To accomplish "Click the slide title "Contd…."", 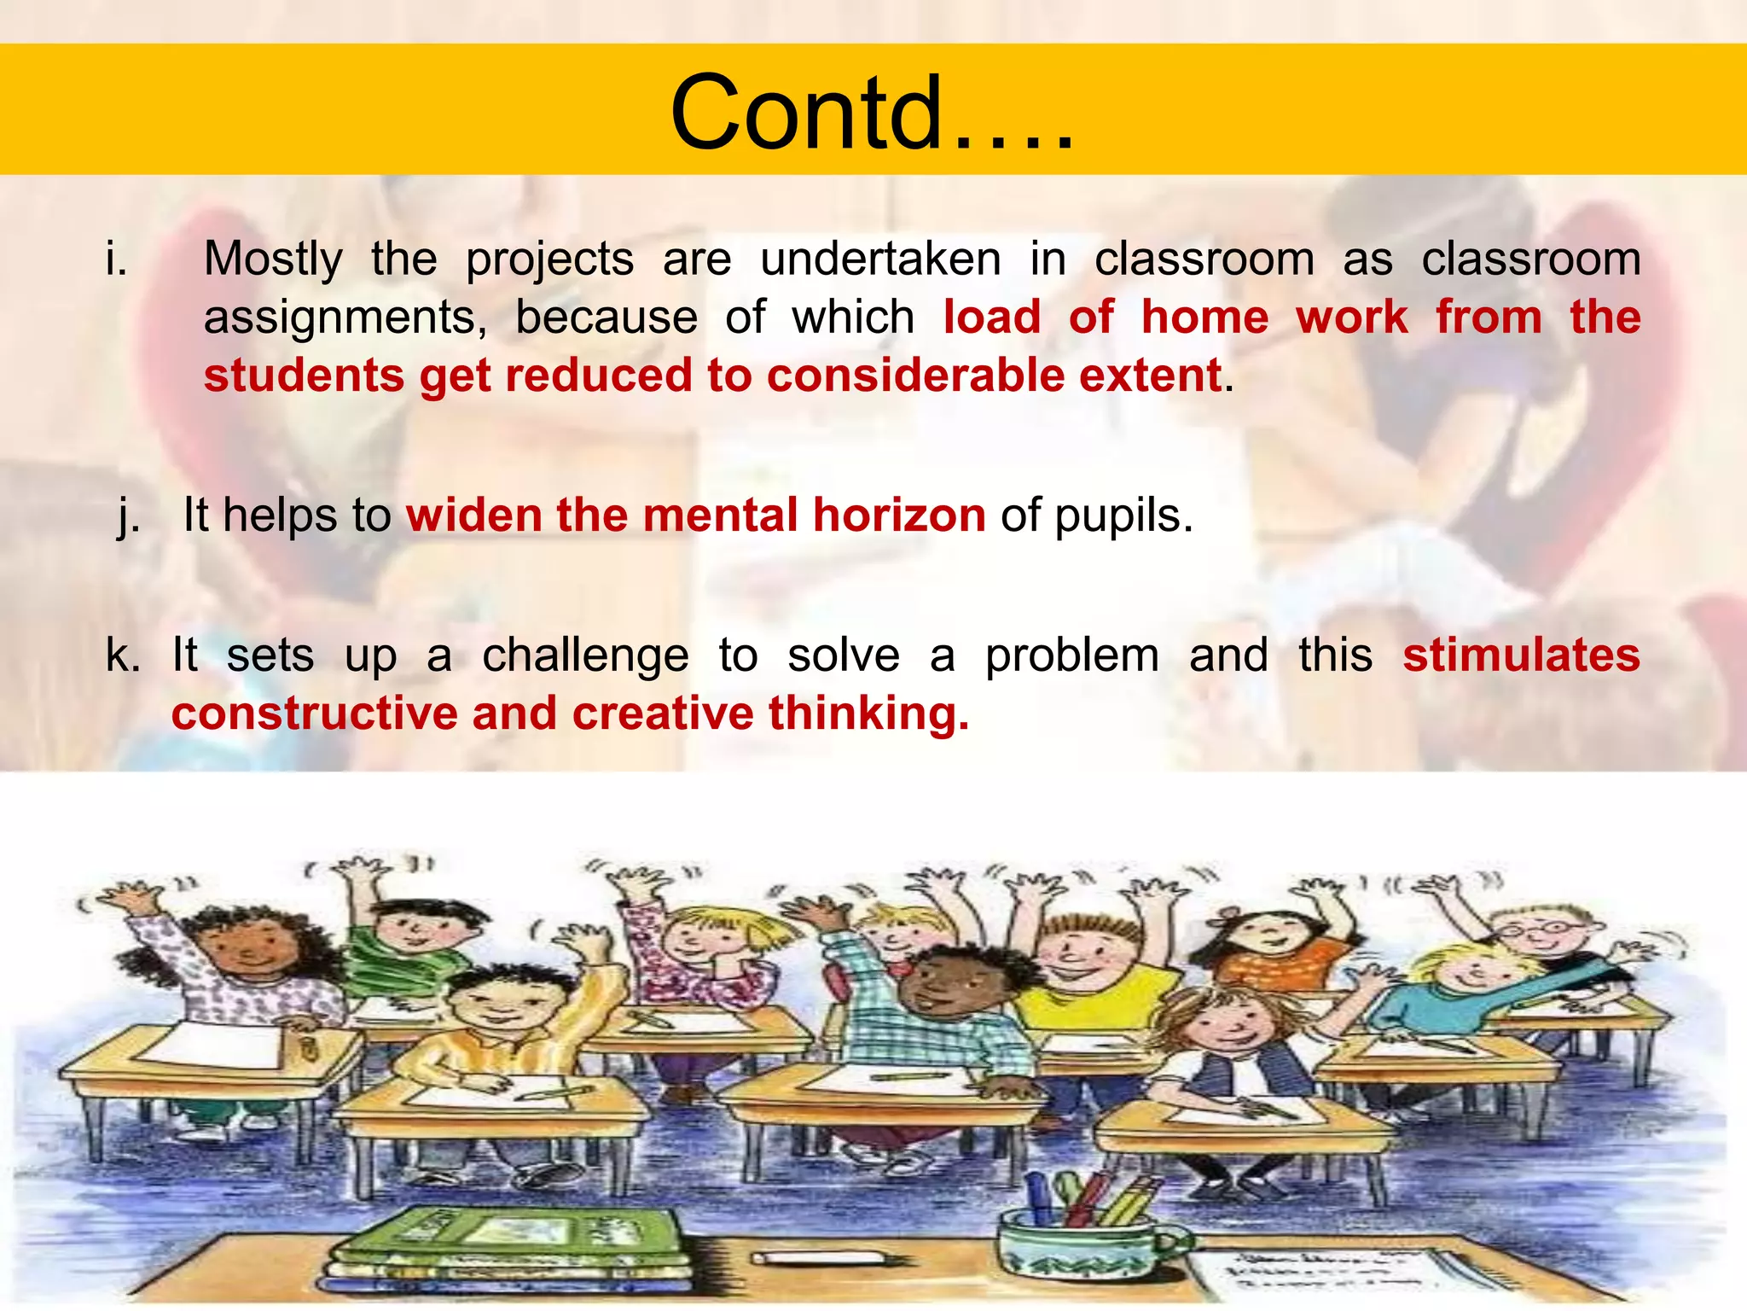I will coord(872,113).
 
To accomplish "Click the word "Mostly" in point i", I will coord(273,259).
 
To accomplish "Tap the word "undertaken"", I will coord(880,259).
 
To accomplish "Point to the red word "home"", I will coord(1204,318).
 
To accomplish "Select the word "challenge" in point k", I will coord(585,655).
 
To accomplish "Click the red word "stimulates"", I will coord(1521,655).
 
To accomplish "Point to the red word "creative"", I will coord(663,714).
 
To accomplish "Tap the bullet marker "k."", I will coord(123,655).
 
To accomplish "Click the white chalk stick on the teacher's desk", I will coord(816,1258).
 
